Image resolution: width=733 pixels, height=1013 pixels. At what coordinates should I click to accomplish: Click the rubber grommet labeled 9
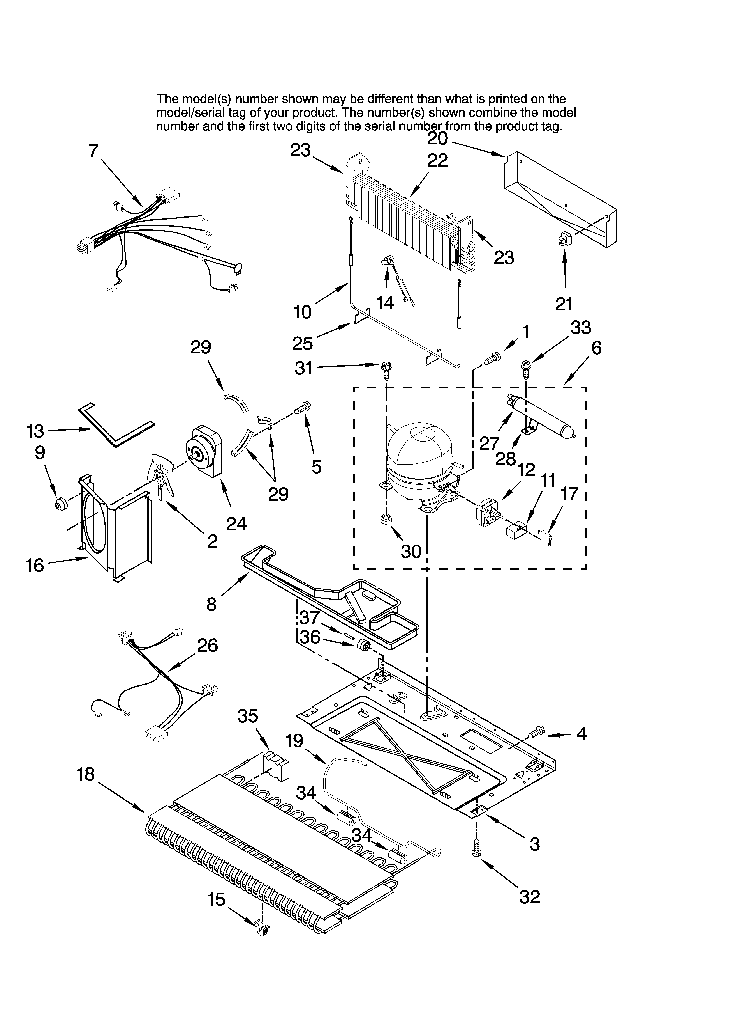click(x=60, y=505)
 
